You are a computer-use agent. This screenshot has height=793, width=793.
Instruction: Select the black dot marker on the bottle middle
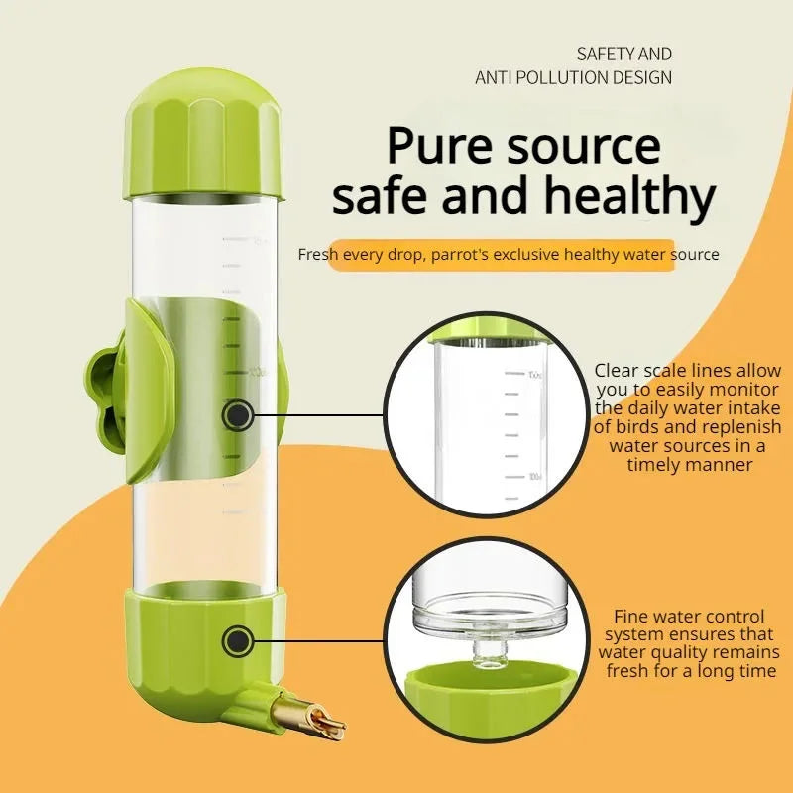click(237, 415)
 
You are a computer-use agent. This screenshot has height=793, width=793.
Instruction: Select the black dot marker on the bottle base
click(236, 641)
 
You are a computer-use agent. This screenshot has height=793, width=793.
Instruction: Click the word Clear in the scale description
click(617, 371)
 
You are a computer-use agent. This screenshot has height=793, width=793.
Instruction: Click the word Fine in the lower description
click(632, 616)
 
